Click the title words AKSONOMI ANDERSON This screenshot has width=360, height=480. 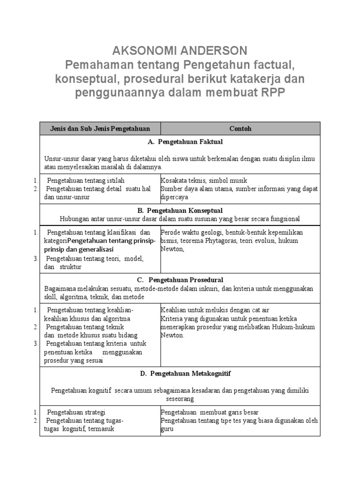click(x=180, y=51)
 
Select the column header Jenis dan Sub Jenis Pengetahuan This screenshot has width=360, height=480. click(x=100, y=128)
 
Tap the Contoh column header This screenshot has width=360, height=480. click(x=240, y=128)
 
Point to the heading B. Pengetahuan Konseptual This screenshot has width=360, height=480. click(x=180, y=210)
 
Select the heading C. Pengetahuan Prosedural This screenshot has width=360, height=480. click(x=180, y=280)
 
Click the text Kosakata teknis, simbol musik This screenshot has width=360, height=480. click(x=204, y=180)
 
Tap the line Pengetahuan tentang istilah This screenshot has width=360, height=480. click(x=86, y=180)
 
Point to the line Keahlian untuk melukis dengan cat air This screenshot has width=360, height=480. click(x=215, y=310)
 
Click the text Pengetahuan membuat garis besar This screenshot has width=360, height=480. click(x=210, y=412)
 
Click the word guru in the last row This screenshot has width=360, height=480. click(x=167, y=429)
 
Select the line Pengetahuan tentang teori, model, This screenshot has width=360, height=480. click(x=95, y=258)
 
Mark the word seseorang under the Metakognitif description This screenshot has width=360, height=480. click(x=180, y=398)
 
